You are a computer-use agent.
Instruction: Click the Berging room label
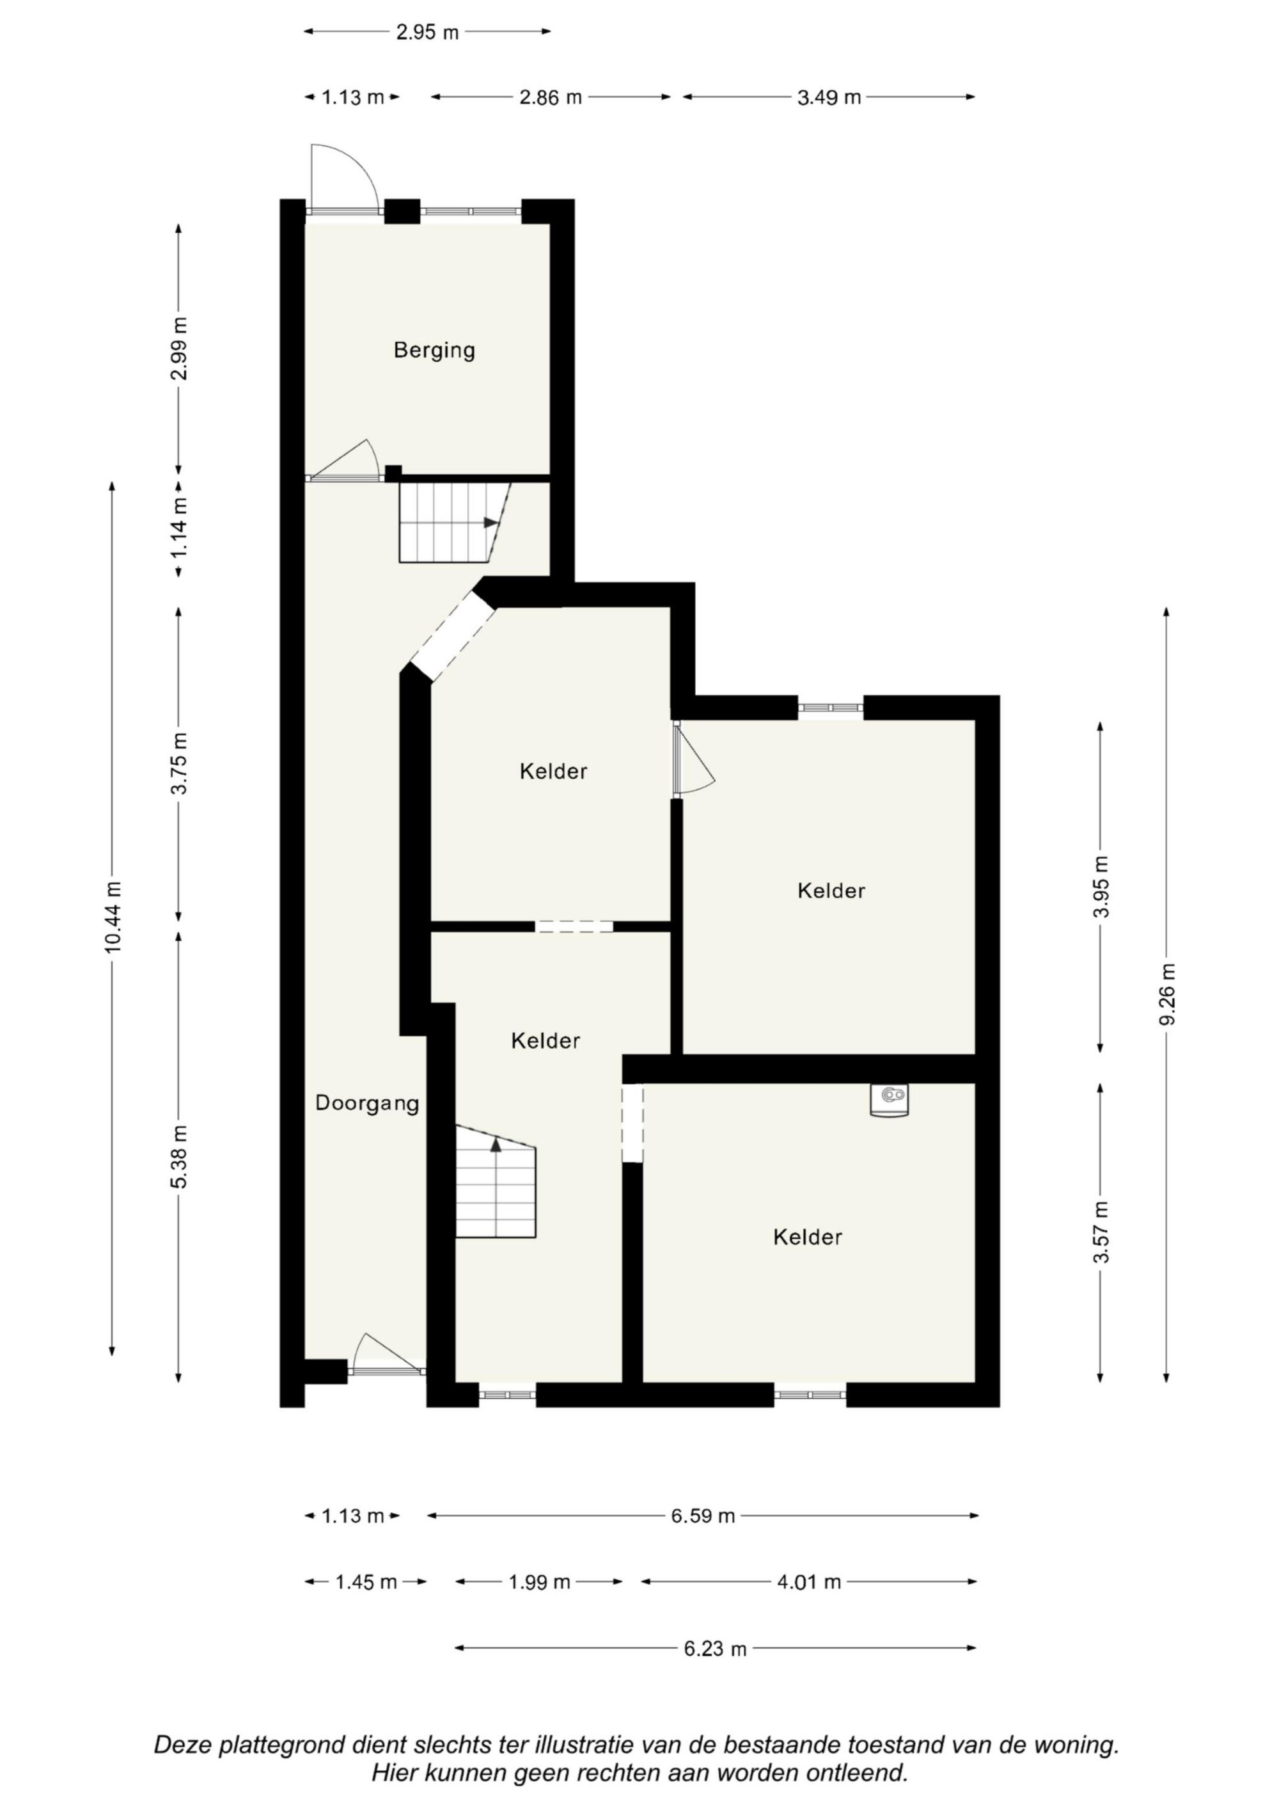434,350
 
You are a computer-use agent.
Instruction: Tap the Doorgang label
367,1104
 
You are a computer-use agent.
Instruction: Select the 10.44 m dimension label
113,917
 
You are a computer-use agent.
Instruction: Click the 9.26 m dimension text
1167,994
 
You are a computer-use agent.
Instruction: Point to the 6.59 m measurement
703,1516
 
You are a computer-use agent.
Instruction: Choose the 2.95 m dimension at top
427,33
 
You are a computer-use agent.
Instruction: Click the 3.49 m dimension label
829,98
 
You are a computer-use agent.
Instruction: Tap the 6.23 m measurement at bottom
715,1648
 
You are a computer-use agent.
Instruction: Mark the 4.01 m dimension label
810,1582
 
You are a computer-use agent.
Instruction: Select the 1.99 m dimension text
539,1582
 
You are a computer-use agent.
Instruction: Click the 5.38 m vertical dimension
180,1157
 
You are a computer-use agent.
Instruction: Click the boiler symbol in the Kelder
890,1100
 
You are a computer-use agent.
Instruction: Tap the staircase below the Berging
454,522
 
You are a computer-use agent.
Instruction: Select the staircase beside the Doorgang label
496,1181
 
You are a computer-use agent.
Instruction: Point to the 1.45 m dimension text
366,1582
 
